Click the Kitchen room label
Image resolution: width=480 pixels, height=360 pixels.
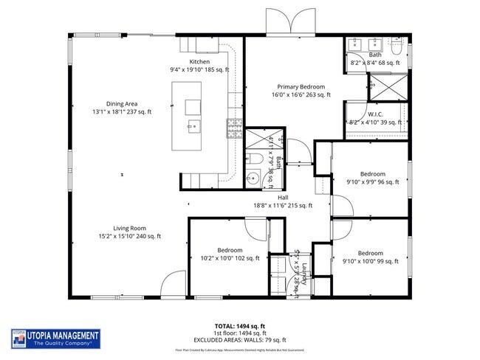click(199, 61)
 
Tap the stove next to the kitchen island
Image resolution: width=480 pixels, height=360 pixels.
click(235, 130)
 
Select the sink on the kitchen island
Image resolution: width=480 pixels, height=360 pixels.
click(193, 126)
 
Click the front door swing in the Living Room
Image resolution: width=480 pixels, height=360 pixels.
click(171, 283)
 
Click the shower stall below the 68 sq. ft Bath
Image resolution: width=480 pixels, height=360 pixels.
click(385, 88)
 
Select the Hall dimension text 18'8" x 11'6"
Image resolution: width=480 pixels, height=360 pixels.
click(282, 206)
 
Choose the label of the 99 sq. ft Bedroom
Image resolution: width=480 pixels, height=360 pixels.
click(371, 253)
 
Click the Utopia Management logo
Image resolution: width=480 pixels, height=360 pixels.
click(56, 338)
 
